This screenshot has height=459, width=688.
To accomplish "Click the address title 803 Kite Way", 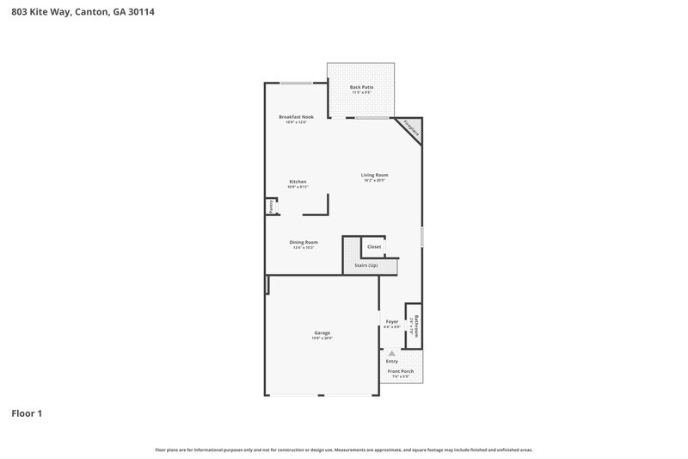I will tap(83, 12).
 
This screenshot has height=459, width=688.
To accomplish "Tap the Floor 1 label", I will tap(27, 413).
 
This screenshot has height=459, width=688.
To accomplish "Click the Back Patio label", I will tap(361, 88).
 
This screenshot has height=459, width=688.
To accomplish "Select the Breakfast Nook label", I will tap(296, 116).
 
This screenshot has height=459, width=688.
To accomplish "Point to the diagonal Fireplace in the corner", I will tap(411, 130).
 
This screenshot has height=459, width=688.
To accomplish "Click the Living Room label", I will tap(374, 175).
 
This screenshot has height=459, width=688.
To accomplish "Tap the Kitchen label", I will tap(298, 182).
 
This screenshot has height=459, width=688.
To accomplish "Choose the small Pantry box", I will tap(270, 207).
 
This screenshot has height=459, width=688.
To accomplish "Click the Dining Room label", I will tap(304, 242).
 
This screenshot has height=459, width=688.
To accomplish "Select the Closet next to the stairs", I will tap(374, 246).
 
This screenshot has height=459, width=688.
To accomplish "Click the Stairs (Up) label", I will tap(365, 265).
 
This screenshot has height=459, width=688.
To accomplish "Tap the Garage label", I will tap(322, 332).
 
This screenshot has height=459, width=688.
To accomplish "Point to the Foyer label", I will tap(392, 321).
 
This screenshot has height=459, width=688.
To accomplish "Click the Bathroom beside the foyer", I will tap(414, 326).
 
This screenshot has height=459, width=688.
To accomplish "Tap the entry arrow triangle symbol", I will tap(391, 353).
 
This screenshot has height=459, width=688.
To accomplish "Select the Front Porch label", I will tap(401, 371).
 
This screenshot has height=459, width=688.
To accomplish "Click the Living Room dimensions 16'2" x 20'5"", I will tap(374, 181).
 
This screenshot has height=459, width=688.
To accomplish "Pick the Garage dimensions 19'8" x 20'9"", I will tap(322, 338).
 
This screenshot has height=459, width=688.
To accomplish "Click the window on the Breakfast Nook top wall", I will tap(296, 83).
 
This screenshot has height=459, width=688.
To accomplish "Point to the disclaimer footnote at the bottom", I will tap(343, 450).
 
